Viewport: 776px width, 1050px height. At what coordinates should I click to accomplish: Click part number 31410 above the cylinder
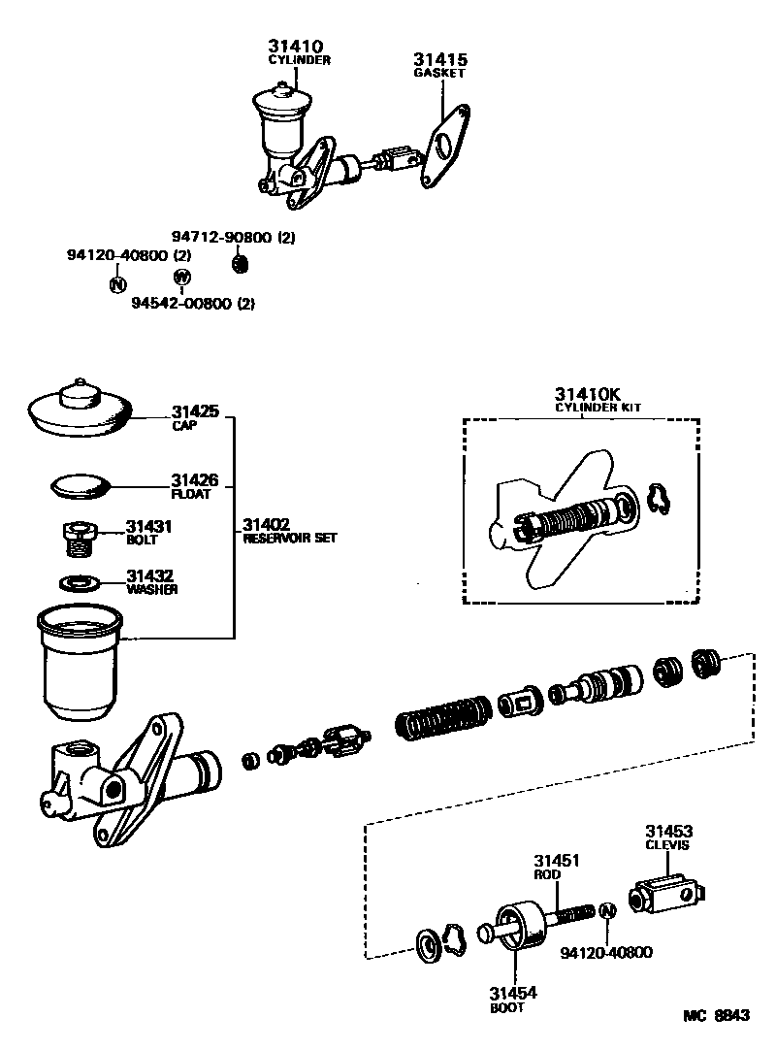click(x=296, y=46)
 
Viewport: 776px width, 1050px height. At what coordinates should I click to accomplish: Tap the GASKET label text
click(x=439, y=73)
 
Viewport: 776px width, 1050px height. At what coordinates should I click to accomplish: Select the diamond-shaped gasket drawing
click(x=444, y=146)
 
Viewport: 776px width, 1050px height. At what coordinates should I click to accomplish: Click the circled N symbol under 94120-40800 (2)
click(x=116, y=284)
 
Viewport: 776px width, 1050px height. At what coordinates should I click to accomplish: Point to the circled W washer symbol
click(x=181, y=278)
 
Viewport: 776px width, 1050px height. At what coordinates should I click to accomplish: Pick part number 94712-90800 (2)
click(x=233, y=237)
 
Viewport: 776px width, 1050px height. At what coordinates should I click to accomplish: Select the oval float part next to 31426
click(x=81, y=484)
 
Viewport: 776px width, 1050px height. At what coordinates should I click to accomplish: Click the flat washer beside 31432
click(x=80, y=583)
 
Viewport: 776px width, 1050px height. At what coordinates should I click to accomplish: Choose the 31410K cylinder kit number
click(x=587, y=394)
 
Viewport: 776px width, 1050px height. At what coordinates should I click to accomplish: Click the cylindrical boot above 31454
click(x=514, y=925)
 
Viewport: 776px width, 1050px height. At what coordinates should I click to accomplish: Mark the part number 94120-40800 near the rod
click(x=606, y=952)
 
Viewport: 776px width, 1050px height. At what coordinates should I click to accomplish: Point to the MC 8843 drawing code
click(x=717, y=1015)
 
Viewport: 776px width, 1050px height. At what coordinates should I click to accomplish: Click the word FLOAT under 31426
click(x=188, y=493)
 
